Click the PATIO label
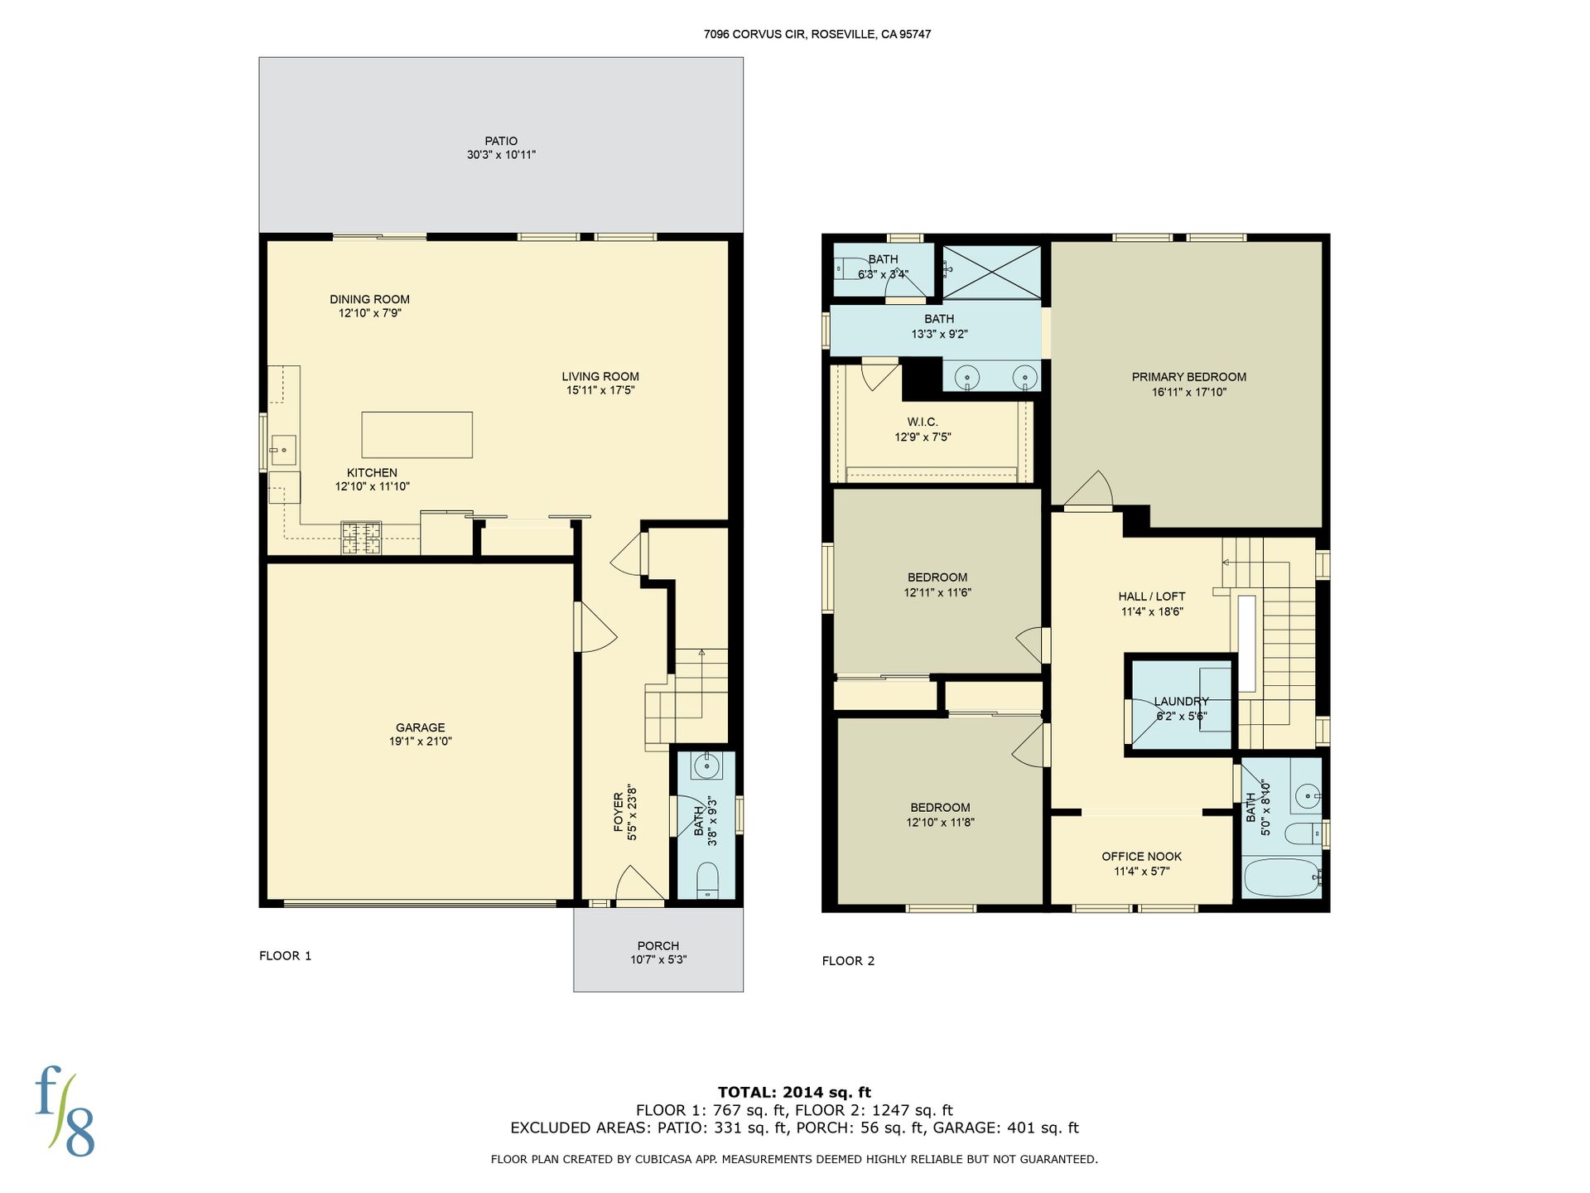click(x=501, y=141)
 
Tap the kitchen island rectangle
click(x=417, y=435)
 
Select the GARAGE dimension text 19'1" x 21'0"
click(x=421, y=741)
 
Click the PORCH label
click(x=658, y=945)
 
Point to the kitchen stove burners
click(x=362, y=538)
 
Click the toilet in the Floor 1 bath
click(x=706, y=881)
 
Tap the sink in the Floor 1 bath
click(x=706, y=766)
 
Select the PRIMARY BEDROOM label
click(x=1189, y=377)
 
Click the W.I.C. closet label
click(x=923, y=422)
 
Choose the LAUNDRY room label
click(x=1182, y=701)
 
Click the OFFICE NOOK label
click(x=1142, y=857)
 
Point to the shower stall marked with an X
click(x=991, y=271)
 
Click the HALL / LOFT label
click(x=1152, y=596)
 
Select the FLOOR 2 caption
click(x=848, y=961)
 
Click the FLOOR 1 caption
click(x=286, y=955)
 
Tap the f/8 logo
click(x=65, y=1112)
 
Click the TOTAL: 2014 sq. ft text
click(x=795, y=1092)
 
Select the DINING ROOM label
click(x=369, y=299)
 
